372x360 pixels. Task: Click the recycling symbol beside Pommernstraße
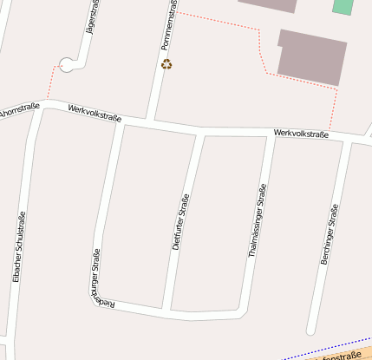point(166,63)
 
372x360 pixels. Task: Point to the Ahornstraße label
point(18,111)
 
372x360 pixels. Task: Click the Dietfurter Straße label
point(181,223)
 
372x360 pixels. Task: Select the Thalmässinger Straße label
point(256,220)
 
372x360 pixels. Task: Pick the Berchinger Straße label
point(329,234)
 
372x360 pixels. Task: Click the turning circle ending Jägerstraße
point(68,63)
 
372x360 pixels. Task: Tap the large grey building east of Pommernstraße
point(312,56)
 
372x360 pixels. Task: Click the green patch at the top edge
point(343,6)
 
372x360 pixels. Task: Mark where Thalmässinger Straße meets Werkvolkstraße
point(271,135)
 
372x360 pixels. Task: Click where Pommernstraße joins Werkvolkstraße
point(151,120)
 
